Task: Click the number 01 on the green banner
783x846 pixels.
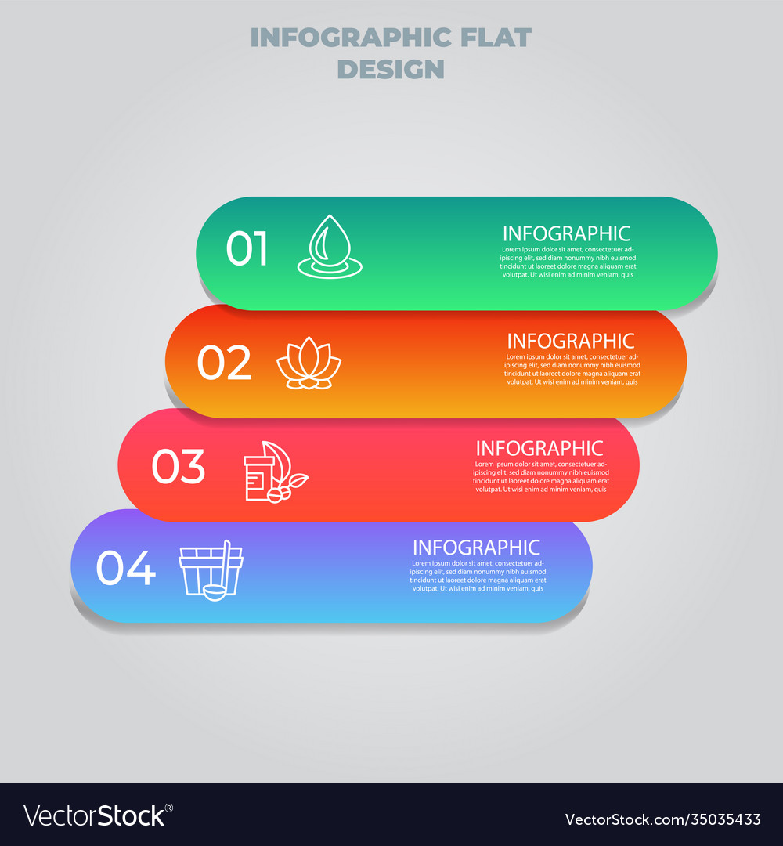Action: [x=247, y=249]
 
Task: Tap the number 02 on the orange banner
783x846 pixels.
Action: [x=224, y=363]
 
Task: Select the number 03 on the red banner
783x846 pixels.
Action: [x=179, y=467]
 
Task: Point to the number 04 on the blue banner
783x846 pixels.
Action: [x=125, y=569]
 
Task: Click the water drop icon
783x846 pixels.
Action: [x=329, y=246]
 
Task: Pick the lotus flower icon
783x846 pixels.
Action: [x=309, y=363]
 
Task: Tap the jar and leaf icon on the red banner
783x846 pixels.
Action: [x=275, y=472]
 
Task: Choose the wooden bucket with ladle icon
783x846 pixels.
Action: [x=211, y=570]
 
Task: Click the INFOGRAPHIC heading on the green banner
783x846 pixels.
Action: [x=566, y=233]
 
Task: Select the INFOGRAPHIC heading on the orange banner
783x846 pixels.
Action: [x=570, y=342]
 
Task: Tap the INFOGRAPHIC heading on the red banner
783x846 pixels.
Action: [x=539, y=448]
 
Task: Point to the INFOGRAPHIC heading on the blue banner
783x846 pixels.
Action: [x=476, y=548]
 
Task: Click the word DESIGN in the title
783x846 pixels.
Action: [x=391, y=69]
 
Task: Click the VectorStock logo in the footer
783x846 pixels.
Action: [x=98, y=815]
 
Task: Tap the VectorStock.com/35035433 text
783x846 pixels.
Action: [x=662, y=819]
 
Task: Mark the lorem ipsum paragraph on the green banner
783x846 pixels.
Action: [x=568, y=262]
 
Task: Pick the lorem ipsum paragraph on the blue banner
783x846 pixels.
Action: [x=478, y=576]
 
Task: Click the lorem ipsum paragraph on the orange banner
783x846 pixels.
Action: [x=572, y=369]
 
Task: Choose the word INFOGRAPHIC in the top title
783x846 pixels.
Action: [x=351, y=38]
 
